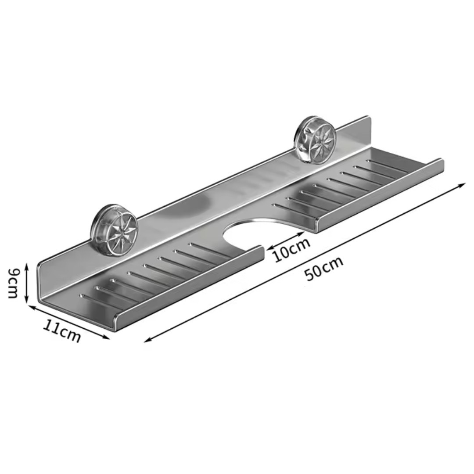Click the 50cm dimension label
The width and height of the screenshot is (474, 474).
tap(324, 269)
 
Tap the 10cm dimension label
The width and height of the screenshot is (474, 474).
tap(292, 250)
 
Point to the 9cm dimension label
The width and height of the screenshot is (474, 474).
tap(13, 283)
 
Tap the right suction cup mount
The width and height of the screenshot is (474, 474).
tap(316, 140)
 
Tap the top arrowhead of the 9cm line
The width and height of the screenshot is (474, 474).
tap(27, 266)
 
